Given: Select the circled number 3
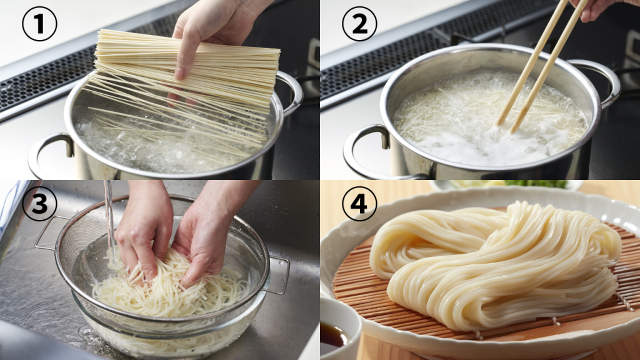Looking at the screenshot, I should (x=39, y=204).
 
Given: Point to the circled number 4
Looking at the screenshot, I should (x=359, y=204).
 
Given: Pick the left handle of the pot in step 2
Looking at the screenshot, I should (x=366, y=150).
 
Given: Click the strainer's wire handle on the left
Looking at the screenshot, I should (x=47, y=231).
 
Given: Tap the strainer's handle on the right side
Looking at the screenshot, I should (x=278, y=275).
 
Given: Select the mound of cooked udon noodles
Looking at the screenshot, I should (x=494, y=262).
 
